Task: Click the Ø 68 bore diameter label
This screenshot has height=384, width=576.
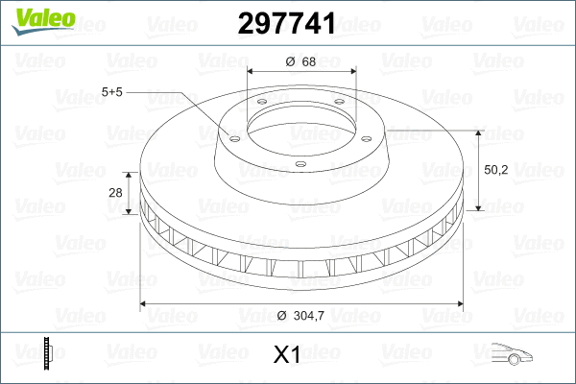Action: (x=301, y=62)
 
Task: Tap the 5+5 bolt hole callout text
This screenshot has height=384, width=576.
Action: (x=113, y=92)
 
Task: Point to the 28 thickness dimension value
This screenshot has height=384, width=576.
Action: (x=116, y=193)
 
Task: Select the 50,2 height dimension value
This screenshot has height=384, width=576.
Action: (x=495, y=169)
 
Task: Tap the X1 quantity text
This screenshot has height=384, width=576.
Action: (x=287, y=355)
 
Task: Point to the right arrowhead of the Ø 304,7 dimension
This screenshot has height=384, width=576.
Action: (x=463, y=304)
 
